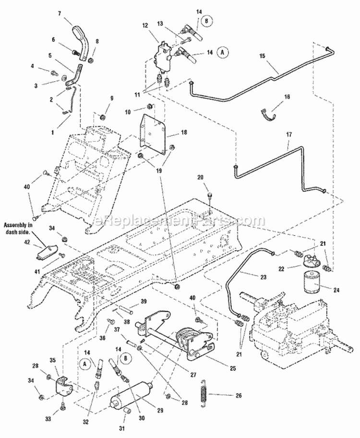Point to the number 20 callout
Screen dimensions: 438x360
point(201,177)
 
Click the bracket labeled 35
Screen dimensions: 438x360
point(62,388)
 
